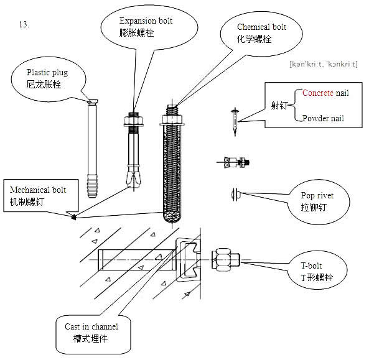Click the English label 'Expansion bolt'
click(x=146, y=21)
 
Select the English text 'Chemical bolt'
click(x=261, y=27)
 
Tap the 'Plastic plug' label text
click(x=47, y=73)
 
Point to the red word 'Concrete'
click(x=318, y=93)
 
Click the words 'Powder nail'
click(x=323, y=118)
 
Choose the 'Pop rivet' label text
click(x=317, y=196)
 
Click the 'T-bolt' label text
click(x=311, y=265)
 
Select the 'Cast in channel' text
click(x=91, y=326)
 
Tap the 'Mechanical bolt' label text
click(x=38, y=190)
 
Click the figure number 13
click(x=24, y=24)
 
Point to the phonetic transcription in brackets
click(x=324, y=64)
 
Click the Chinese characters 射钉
click(x=279, y=105)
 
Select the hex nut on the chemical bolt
click(x=172, y=119)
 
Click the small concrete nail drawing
click(x=235, y=122)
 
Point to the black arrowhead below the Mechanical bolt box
click(x=74, y=217)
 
